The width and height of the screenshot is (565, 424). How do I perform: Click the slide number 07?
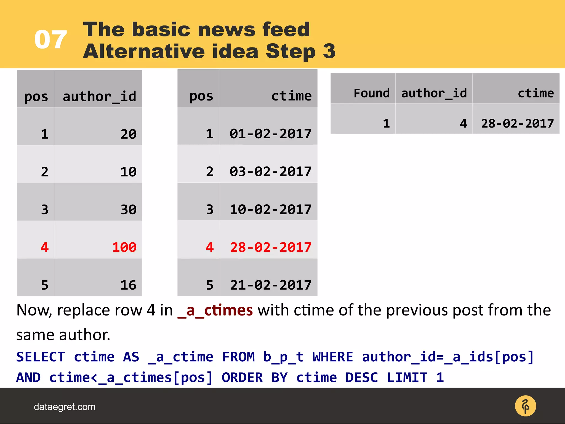pyautogui.click(x=50, y=40)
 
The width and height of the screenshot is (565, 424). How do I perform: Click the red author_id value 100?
pyautogui.click(x=124, y=247)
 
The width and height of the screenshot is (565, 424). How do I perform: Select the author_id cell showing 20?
pyautogui.click(x=128, y=134)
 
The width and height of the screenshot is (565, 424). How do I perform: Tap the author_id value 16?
pyautogui.click(x=128, y=285)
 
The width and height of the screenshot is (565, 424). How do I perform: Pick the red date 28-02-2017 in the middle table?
pyautogui.click(x=271, y=247)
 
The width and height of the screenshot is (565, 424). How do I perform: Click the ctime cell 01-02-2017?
pyautogui.click(x=271, y=134)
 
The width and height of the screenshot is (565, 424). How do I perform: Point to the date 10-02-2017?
pyautogui.click(x=271, y=209)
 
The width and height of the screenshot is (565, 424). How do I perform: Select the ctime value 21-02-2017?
pyautogui.click(x=271, y=285)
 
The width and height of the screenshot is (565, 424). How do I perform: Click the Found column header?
pyautogui.click(x=372, y=93)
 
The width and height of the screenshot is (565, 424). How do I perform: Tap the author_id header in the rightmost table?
pyautogui.click(x=434, y=93)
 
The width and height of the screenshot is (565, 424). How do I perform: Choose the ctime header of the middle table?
pyautogui.click(x=291, y=96)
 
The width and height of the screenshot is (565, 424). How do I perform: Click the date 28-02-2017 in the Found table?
pyautogui.click(x=517, y=123)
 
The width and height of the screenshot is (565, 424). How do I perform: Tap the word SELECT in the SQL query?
pyautogui.click(x=41, y=357)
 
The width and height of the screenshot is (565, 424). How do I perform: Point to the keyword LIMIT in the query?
pyautogui.click(x=407, y=378)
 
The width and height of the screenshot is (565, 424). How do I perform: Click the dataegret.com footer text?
pyautogui.click(x=65, y=407)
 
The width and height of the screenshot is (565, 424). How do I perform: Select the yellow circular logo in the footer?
pyautogui.click(x=525, y=406)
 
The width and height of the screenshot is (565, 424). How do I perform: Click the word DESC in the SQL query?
pyautogui.click(x=361, y=378)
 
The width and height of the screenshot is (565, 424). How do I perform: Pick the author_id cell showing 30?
pyautogui.click(x=128, y=210)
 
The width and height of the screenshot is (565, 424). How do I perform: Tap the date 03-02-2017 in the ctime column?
pyautogui.click(x=271, y=172)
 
